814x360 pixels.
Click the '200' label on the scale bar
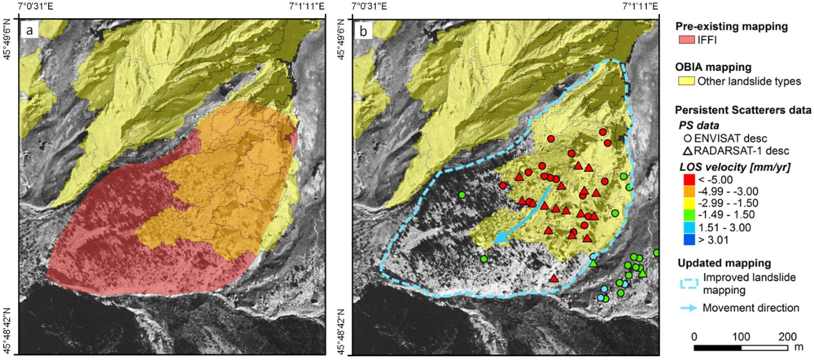click(787, 336)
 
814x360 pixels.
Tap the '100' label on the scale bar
click(741, 336)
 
